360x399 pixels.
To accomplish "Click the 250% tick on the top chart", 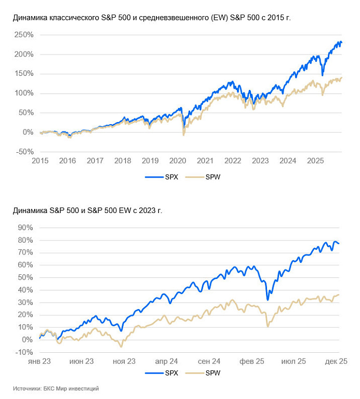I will [23, 35].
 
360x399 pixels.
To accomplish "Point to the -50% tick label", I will [23, 152].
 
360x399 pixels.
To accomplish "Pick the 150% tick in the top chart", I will [23, 74].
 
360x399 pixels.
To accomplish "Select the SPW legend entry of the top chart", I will [206, 177].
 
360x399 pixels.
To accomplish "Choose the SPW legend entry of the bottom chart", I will [206, 373].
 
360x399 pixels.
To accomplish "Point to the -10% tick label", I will [24, 352].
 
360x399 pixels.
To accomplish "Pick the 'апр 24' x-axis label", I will [166, 361].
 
